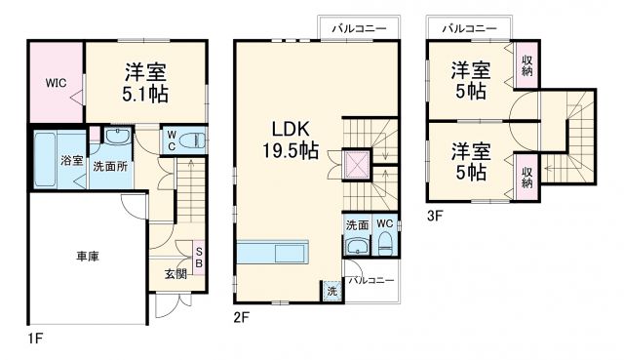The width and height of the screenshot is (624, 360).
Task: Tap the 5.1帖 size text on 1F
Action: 145,94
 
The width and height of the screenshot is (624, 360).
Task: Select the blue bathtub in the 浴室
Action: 47,159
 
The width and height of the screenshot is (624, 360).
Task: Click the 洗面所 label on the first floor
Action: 109,167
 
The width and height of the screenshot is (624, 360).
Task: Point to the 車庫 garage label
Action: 88,257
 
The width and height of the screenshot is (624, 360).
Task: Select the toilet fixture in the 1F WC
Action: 192,140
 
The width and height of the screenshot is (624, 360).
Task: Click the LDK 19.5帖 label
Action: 288,140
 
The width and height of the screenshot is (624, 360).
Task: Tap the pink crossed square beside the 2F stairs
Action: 356,165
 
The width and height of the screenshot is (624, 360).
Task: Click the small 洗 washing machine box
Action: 332,291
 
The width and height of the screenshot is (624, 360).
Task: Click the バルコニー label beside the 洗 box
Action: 370,281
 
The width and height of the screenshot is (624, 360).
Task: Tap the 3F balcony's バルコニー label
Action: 465,29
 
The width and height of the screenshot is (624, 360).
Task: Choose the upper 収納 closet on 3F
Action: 527,67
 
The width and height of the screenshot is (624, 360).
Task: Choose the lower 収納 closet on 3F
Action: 527,177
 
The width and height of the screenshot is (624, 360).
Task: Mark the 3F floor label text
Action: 432,217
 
